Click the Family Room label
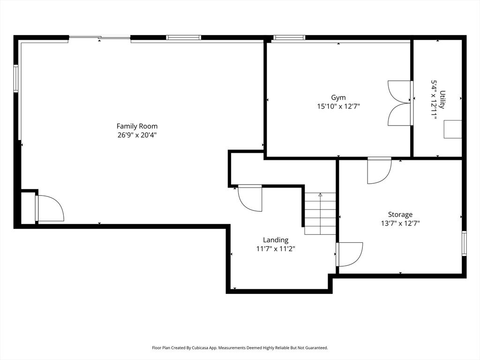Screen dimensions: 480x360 [x=137, y=126]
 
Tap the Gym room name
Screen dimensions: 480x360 [x=338, y=97]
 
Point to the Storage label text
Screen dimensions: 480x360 [x=400, y=214]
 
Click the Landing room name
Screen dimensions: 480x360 [x=276, y=240]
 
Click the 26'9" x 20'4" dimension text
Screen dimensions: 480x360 [x=137, y=135]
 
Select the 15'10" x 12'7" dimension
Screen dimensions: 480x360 [x=338, y=106]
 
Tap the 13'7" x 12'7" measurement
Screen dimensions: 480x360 [x=400, y=223]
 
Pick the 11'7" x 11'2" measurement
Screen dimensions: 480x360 [x=276, y=249]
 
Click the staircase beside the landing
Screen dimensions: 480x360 [x=320, y=214]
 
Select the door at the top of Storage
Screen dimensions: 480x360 [x=379, y=171]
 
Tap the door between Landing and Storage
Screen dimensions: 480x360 [x=349, y=255]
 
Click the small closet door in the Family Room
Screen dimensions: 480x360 [x=50, y=208]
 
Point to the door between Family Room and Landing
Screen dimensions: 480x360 [x=250, y=198]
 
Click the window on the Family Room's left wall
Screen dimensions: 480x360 [x=16, y=78]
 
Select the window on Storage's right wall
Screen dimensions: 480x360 [x=464, y=243]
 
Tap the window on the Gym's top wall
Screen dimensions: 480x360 [x=289, y=37]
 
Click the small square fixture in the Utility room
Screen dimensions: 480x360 [x=453, y=129]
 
